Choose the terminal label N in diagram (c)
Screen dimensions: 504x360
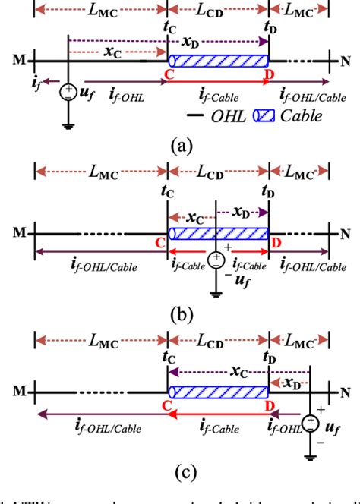pyautogui.click(x=346, y=391)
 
